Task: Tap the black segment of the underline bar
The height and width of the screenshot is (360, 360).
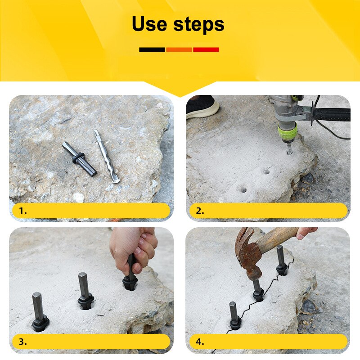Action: [152, 49]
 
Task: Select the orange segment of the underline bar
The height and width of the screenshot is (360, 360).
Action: [179, 49]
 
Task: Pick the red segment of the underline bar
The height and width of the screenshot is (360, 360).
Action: [206, 49]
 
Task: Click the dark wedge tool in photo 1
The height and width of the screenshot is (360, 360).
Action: [79, 158]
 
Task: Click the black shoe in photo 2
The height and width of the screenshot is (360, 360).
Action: [202, 107]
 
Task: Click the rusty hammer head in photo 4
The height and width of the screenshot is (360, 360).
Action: [249, 252]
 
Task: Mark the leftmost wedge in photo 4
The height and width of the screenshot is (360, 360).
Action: [234, 315]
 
